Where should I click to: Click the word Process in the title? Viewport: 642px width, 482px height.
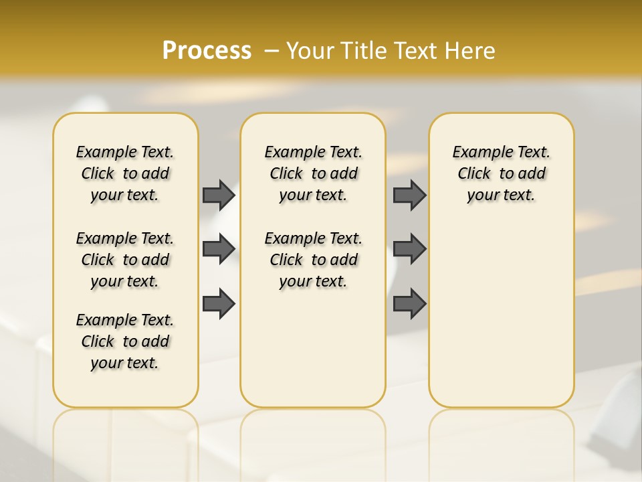click(x=207, y=51)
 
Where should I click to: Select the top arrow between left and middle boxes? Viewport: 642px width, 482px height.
click(x=218, y=195)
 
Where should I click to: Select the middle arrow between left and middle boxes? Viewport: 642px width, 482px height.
click(x=218, y=249)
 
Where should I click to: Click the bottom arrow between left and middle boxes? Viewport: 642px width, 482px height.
click(x=218, y=303)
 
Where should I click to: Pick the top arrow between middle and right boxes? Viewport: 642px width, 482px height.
click(x=409, y=195)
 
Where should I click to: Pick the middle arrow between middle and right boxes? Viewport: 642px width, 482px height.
click(x=409, y=249)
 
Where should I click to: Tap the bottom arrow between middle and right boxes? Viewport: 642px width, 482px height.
click(x=409, y=303)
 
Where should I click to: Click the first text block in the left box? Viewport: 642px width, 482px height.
click(x=125, y=173)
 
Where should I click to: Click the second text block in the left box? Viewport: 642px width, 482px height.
click(x=125, y=260)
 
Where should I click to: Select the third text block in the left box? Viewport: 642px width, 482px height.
click(x=125, y=341)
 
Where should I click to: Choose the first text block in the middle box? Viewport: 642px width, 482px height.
click(x=313, y=173)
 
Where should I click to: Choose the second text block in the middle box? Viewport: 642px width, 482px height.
click(x=313, y=260)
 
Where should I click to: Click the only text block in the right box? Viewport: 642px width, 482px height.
click(x=501, y=173)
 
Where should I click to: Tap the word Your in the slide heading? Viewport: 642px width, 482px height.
click(x=310, y=51)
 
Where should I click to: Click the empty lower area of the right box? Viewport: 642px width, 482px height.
click(x=501, y=315)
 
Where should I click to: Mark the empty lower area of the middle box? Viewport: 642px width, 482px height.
click(x=313, y=348)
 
